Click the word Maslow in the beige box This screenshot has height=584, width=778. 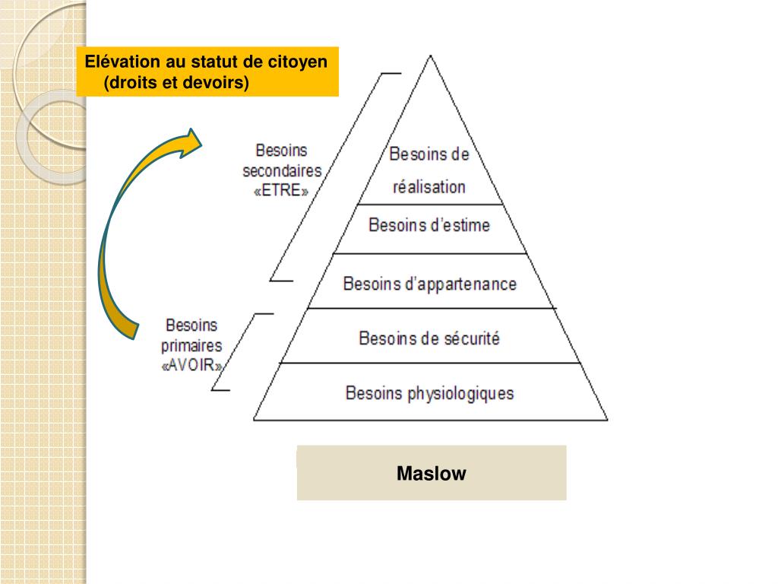(x=431, y=474)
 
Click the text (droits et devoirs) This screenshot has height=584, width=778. (x=178, y=81)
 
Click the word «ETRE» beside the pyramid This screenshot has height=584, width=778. (x=281, y=192)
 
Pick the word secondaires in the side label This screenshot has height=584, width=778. (x=282, y=171)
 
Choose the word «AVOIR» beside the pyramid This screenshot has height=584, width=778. (x=192, y=366)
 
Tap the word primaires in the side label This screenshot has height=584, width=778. (x=192, y=346)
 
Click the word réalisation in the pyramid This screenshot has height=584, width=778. (x=429, y=187)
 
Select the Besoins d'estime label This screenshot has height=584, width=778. (x=429, y=226)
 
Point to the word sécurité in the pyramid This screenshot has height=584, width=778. (x=469, y=338)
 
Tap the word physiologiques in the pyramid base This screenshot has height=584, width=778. (x=460, y=394)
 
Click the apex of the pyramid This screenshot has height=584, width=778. (x=431, y=56)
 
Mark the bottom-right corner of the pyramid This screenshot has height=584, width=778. (x=607, y=419)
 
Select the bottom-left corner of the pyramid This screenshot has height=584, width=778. (x=254, y=419)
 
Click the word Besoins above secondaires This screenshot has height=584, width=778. (x=281, y=151)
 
